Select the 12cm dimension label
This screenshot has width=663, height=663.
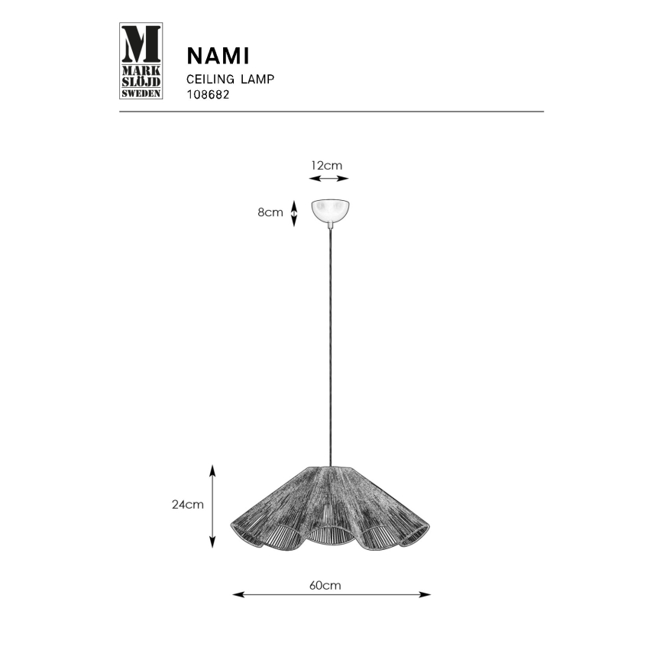[326, 165]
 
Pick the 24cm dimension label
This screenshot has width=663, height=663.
[188, 504]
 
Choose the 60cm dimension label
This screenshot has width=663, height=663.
[325, 585]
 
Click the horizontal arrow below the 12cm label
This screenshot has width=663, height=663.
[328, 179]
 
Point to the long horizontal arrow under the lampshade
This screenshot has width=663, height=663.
[331, 594]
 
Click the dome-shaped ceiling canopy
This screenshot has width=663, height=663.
[330, 211]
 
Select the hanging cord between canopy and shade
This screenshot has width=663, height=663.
[330, 344]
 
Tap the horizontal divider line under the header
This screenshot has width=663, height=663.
[331, 112]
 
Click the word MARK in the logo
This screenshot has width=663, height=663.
[141, 67]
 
